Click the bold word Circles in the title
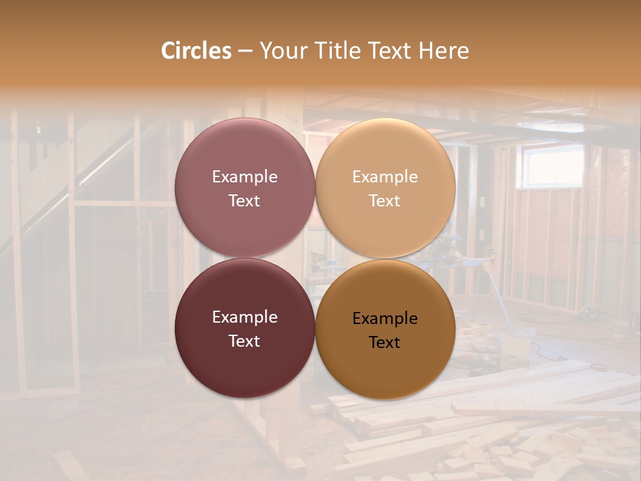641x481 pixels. click(x=196, y=51)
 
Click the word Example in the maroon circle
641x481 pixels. click(x=244, y=317)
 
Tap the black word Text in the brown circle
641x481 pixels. click(x=385, y=343)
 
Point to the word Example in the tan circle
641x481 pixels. click(x=385, y=177)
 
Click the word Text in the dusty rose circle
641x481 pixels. click(x=244, y=201)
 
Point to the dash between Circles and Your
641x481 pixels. click(x=245, y=51)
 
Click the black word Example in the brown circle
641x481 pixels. click(x=385, y=319)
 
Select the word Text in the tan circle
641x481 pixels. click(x=385, y=201)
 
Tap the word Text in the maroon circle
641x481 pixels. click(x=244, y=341)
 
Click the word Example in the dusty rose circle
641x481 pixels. click(x=244, y=177)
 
